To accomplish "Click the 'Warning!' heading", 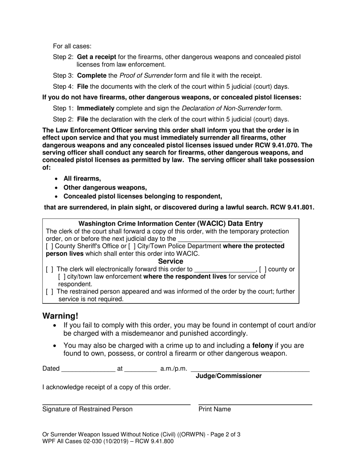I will point(60,316).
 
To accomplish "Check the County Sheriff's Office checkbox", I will point(49,246).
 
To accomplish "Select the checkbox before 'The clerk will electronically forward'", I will point(49,269).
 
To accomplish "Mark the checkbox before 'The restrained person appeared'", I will point(49,292).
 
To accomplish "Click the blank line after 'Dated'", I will point(88,369).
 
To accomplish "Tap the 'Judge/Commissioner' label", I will point(228,376).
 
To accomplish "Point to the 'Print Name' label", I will point(214,409).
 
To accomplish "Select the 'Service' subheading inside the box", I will point(171,261).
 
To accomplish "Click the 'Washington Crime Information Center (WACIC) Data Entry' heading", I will point(171,224).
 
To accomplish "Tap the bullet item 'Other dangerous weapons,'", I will point(105,188).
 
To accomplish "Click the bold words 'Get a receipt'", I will point(96,57).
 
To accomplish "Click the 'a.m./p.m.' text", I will point(174,369).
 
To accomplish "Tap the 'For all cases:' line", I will point(72,46).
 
